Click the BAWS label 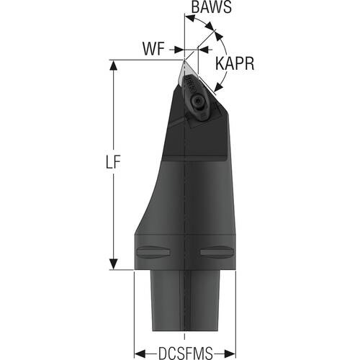(x=212, y=7)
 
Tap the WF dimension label (x=153, y=49)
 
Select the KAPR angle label (x=235, y=63)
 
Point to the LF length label (x=113, y=163)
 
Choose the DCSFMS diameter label (x=186, y=353)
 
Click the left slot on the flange (x=153, y=252)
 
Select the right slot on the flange (x=217, y=252)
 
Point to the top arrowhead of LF (x=113, y=65)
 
